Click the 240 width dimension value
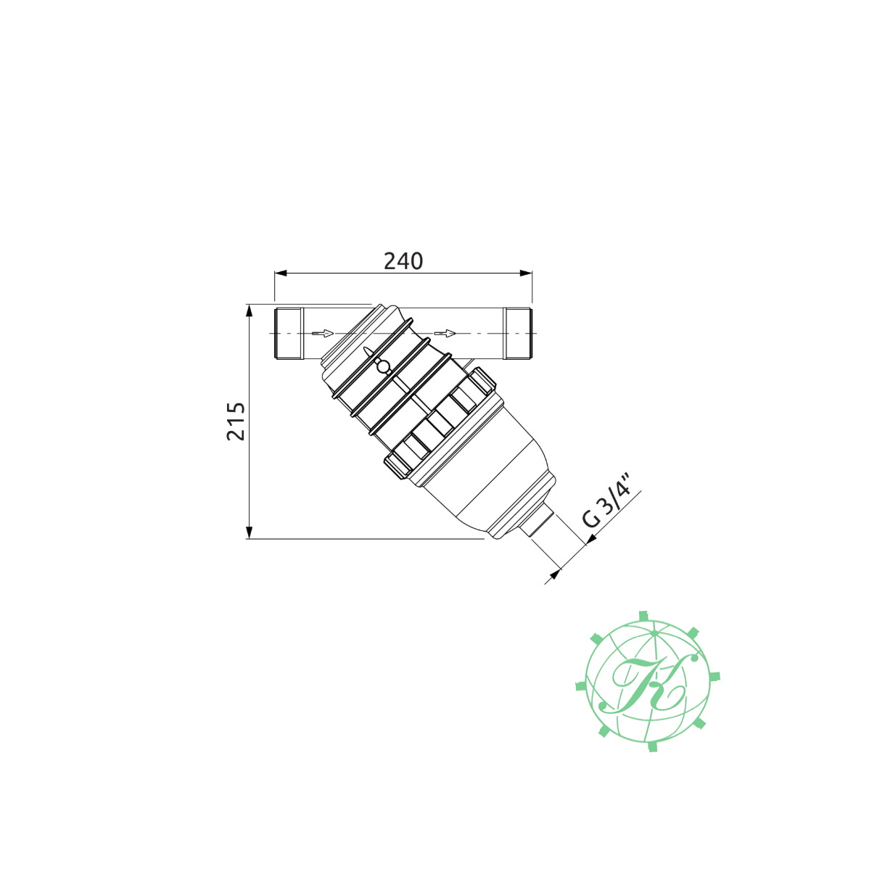click(403, 261)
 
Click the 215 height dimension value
click(236, 421)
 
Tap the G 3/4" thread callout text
click(612, 509)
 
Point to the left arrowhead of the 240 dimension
click(281, 273)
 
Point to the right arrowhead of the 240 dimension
click(526, 273)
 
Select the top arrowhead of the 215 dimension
click(250, 311)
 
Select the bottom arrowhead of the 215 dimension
click(250, 532)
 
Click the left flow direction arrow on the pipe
click(322, 333)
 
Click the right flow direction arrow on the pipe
click(445, 333)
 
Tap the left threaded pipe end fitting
click(289, 334)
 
